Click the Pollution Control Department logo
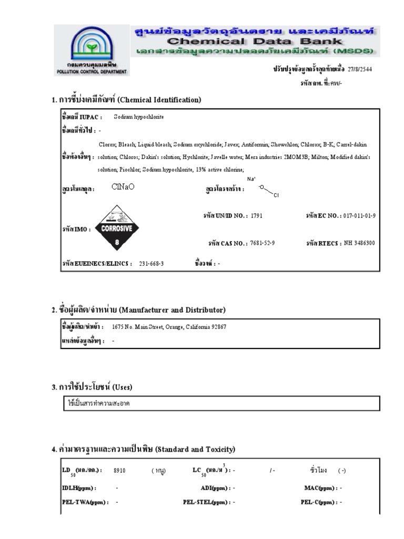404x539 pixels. click(92, 51)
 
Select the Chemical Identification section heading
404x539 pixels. click(126, 99)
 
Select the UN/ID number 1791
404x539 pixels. click(256, 216)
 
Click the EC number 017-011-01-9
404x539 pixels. click(360, 216)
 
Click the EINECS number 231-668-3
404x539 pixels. click(151, 263)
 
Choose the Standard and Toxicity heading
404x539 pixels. click(143, 449)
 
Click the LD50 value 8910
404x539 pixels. click(119, 471)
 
